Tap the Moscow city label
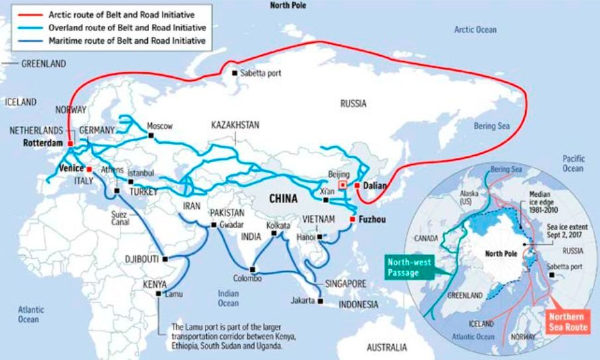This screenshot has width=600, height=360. [x=160, y=126]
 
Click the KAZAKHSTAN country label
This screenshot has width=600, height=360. [x=235, y=125]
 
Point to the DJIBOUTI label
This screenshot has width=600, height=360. [x=142, y=259]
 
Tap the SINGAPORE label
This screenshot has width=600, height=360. [x=345, y=283]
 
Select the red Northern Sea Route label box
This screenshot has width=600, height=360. [x=566, y=322]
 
